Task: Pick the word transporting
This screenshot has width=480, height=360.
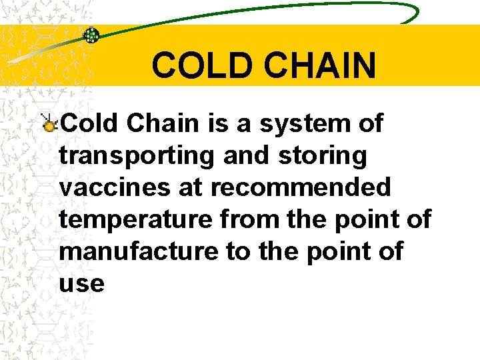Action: coord(136,156)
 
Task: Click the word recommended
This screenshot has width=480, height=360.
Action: coord(301,187)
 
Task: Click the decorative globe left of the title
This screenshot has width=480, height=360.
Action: coord(91,35)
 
